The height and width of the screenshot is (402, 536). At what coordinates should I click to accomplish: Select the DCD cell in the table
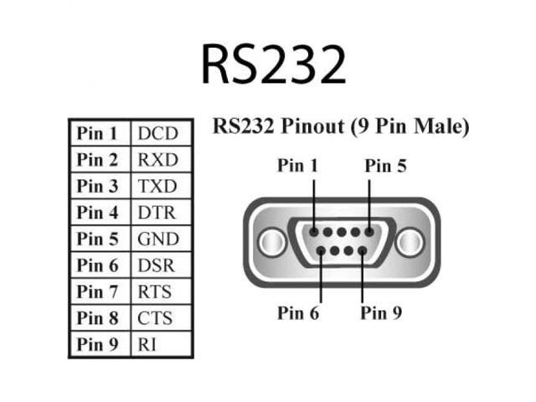(x=157, y=132)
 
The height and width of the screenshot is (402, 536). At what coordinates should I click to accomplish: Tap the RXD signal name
(x=157, y=159)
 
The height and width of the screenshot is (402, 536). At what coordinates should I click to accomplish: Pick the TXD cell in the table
(x=157, y=186)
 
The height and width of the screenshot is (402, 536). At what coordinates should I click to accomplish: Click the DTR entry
(x=157, y=213)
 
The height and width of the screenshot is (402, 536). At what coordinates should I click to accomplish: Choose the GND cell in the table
(x=157, y=240)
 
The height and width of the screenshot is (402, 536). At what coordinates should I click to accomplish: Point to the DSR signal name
(x=157, y=265)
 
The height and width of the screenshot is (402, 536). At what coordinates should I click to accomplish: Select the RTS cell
(x=157, y=292)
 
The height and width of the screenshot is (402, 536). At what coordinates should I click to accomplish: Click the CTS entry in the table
(x=157, y=319)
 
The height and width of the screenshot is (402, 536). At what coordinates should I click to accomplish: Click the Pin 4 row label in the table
(x=99, y=213)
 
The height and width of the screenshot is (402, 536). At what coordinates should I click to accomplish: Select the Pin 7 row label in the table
(x=99, y=292)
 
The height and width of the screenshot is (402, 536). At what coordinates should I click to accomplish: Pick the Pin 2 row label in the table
(x=99, y=159)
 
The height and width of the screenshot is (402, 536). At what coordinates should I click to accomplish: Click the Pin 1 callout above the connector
(x=298, y=166)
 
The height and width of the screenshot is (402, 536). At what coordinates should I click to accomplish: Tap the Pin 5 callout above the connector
(x=386, y=166)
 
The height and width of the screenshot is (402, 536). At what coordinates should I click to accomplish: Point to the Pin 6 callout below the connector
(x=298, y=313)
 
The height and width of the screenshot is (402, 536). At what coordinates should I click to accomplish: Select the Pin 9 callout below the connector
(x=381, y=313)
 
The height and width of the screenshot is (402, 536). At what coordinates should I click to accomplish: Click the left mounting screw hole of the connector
(x=270, y=243)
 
